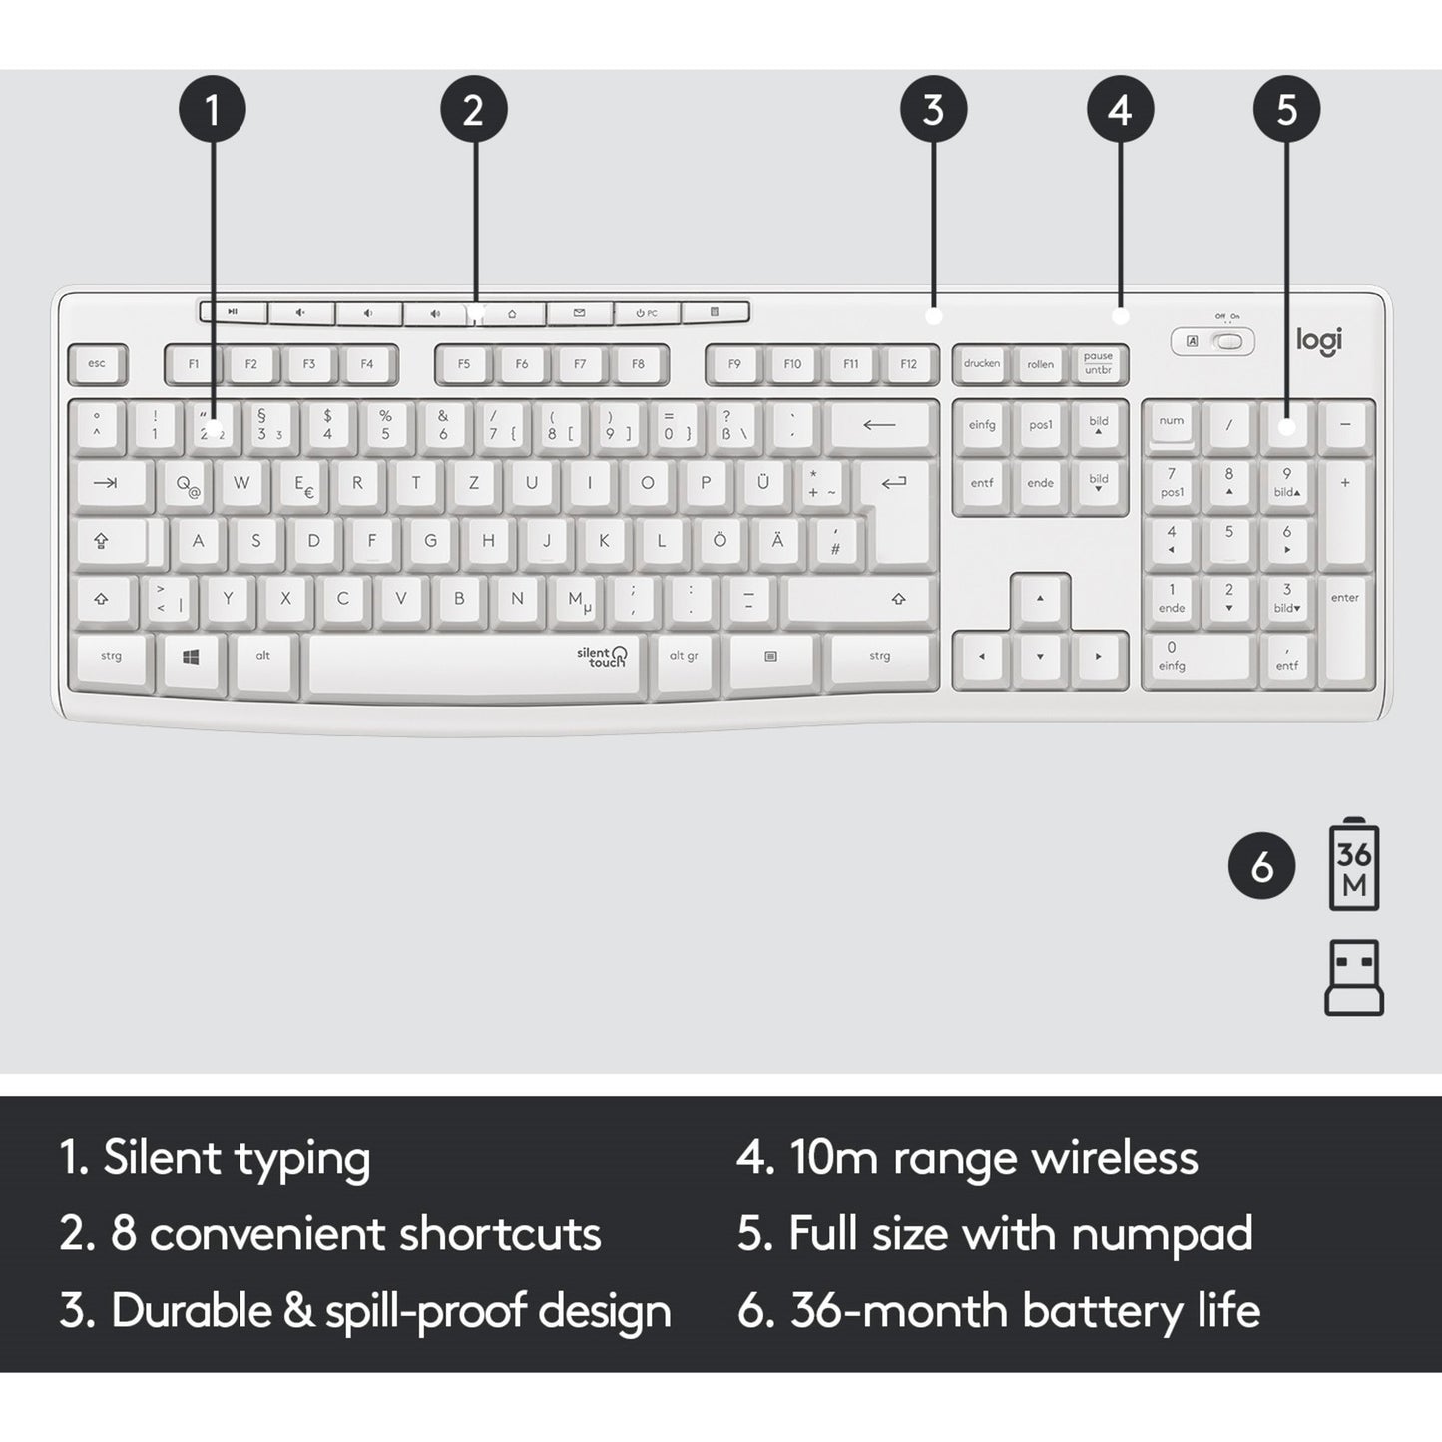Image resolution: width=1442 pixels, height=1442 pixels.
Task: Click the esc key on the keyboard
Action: pos(97,364)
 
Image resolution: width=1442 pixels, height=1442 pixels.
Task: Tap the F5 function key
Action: pos(464,364)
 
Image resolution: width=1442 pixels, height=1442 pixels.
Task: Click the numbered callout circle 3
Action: pos(933,109)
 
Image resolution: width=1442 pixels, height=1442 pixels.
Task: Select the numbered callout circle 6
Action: pos(1261,865)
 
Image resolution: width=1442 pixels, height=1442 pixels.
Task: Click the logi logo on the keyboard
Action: pos(1319,340)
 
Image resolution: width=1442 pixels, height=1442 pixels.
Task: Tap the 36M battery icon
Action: pos(1354,864)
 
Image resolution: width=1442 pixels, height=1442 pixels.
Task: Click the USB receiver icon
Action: pos(1354,977)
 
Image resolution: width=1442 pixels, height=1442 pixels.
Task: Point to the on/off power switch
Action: pos(1231,341)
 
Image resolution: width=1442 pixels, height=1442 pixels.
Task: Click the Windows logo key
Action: pos(192,657)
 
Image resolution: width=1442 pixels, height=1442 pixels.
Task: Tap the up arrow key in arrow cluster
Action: pos(1040,599)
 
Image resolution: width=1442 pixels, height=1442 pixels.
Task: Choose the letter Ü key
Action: pos(763,484)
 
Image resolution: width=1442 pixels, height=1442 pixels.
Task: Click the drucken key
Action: pos(982,364)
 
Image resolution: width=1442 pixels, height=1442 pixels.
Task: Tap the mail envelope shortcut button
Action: pos(580,313)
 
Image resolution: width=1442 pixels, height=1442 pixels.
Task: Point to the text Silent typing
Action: pos(237,1158)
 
